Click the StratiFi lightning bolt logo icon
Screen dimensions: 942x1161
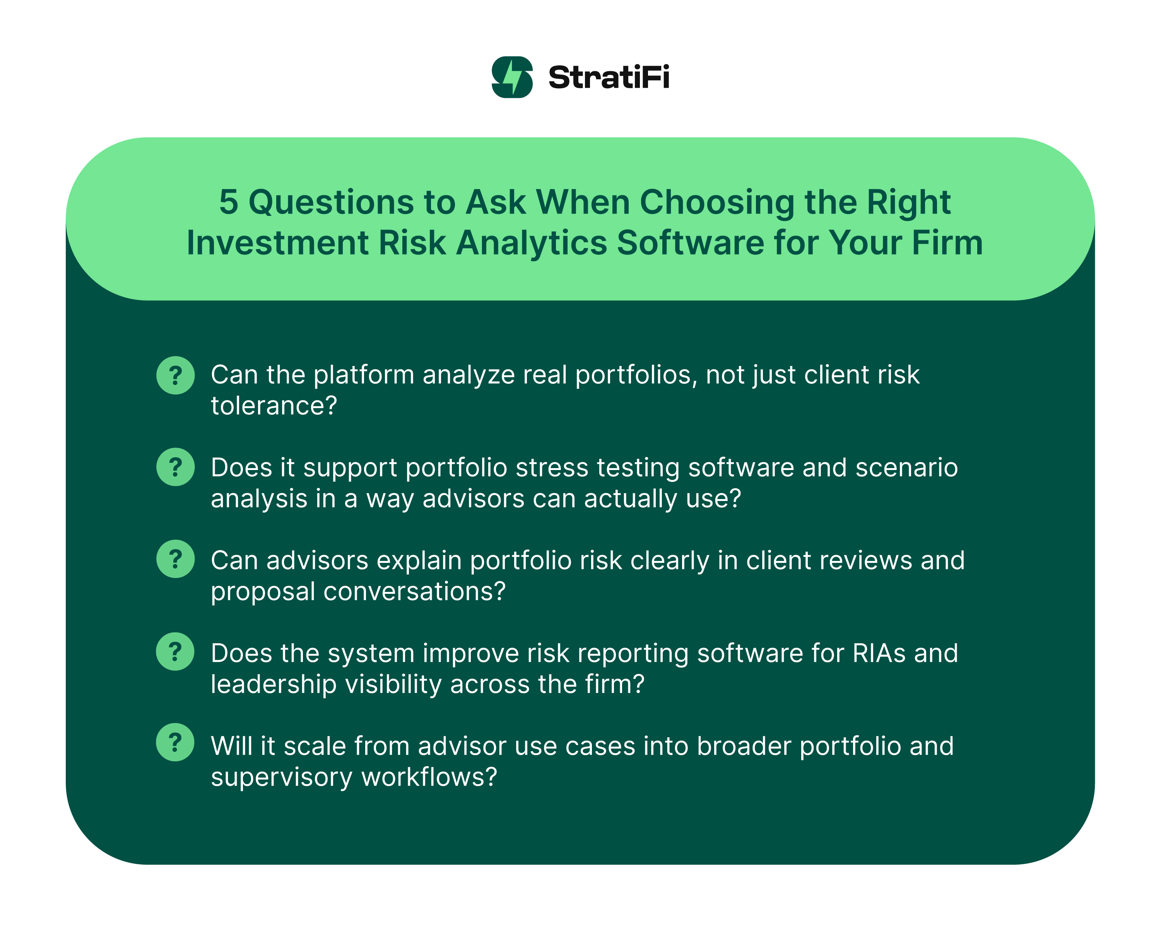coord(511,77)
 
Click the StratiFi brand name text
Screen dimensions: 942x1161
coord(608,77)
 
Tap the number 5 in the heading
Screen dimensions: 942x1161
coord(228,202)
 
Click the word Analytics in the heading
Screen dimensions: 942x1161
coord(531,243)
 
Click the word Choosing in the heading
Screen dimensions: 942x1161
coord(716,202)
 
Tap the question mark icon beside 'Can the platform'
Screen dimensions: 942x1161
coord(175,375)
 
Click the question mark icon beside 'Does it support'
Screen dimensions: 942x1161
coord(175,467)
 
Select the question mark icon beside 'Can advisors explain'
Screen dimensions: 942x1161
coord(175,559)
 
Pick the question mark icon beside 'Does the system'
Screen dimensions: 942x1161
coord(175,651)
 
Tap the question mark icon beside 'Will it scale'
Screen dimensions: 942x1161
coord(175,742)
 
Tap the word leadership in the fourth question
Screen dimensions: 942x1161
coord(274,684)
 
